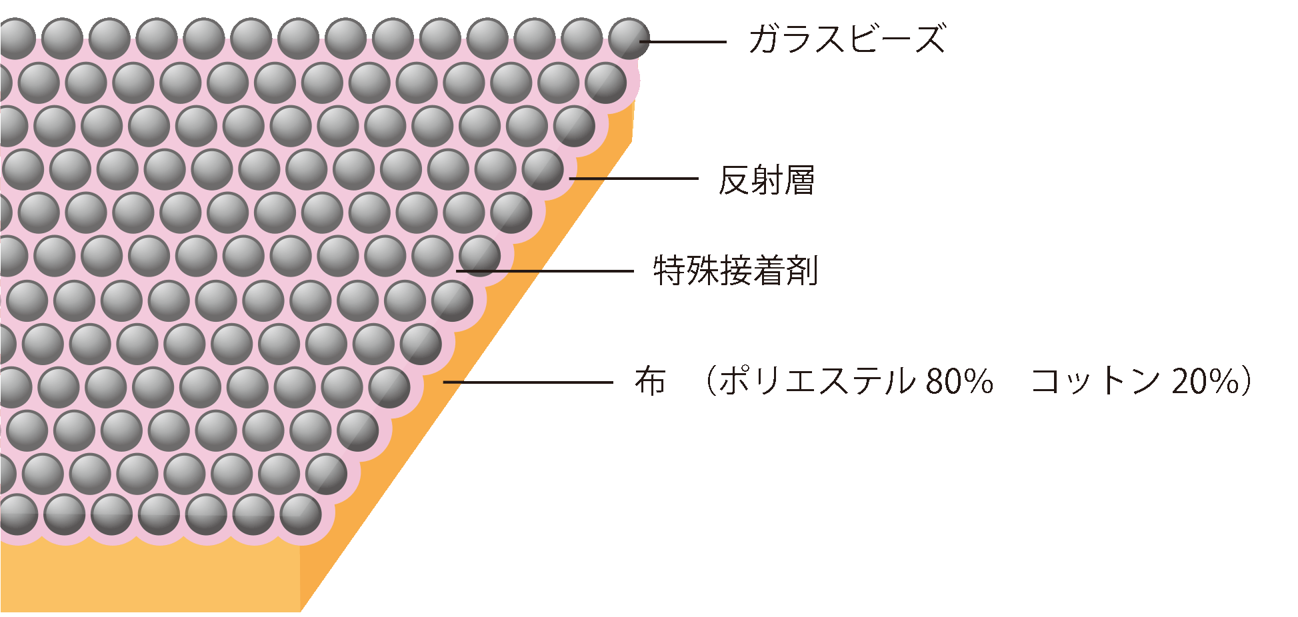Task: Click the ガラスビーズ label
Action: [x=847, y=39]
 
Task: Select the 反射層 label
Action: [x=767, y=180]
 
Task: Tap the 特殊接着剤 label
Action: [x=735, y=271]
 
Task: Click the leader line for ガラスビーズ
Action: [x=687, y=42]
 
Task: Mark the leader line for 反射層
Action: [x=633, y=179]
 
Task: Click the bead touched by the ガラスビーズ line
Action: [x=629, y=39]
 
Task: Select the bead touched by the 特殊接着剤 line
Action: [x=479, y=256]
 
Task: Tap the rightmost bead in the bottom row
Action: [x=301, y=515]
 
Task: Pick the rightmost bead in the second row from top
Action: [x=605, y=83]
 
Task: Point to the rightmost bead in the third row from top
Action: [x=574, y=126]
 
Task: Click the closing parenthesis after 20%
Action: [x=1247, y=382]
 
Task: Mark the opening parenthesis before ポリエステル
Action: [x=710, y=382]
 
